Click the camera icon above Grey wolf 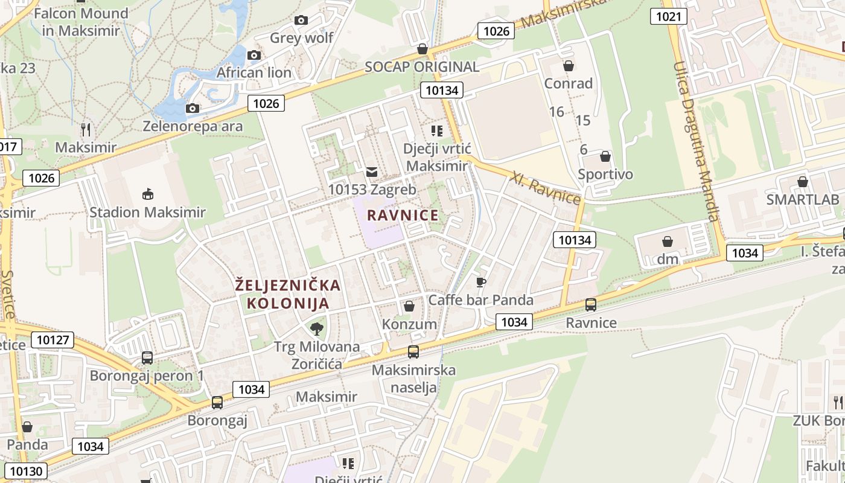tap(301, 20)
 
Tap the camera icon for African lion tap(254, 55)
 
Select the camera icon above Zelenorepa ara tap(193, 108)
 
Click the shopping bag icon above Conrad tap(568, 65)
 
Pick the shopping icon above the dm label tap(668, 241)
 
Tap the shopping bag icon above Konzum tap(409, 306)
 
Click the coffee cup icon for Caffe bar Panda tap(480, 282)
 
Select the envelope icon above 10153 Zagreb tap(372, 172)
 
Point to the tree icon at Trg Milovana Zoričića tap(316, 328)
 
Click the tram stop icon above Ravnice tap(591, 305)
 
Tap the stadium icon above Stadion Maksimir tap(147, 194)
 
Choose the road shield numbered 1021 tap(668, 16)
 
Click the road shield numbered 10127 tap(53, 340)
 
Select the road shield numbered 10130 tap(27, 471)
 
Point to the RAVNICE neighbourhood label tap(403, 216)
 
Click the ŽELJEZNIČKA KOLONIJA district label tap(287, 294)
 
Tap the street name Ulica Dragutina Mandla tap(697, 142)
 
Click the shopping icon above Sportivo tap(605, 156)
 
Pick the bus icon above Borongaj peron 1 tap(147, 357)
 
